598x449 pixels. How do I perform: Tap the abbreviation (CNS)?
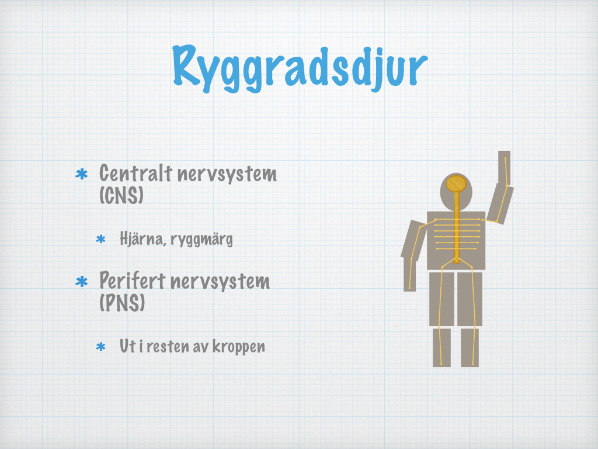pyautogui.click(x=121, y=195)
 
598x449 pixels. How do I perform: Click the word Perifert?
pyautogui.click(x=133, y=281)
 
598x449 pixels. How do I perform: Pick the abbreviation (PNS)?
pyautogui.click(x=122, y=303)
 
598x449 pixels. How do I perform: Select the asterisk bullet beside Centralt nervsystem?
pyautogui.click(x=82, y=174)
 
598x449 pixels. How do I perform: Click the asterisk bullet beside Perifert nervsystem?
pyautogui.click(x=82, y=282)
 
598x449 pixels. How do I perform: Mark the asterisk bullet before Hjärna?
pyautogui.click(x=100, y=239)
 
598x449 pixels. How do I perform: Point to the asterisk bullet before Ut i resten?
pyautogui.click(x=100, y=347)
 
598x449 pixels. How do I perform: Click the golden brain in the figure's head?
pyautogui.click(x=456, y=183)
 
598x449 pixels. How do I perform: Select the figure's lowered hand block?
pyautogui.click(x=409, y=274)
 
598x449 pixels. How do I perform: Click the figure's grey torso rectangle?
pyautogui.click(x=456, y=240)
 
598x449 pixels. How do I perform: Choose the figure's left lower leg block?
pyautogui.click(x=441, y=347)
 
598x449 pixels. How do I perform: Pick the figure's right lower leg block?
pyautogui.click(x=470, y=347)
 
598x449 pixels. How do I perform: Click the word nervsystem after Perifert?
pyautogui.click(x=220, y=281)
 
